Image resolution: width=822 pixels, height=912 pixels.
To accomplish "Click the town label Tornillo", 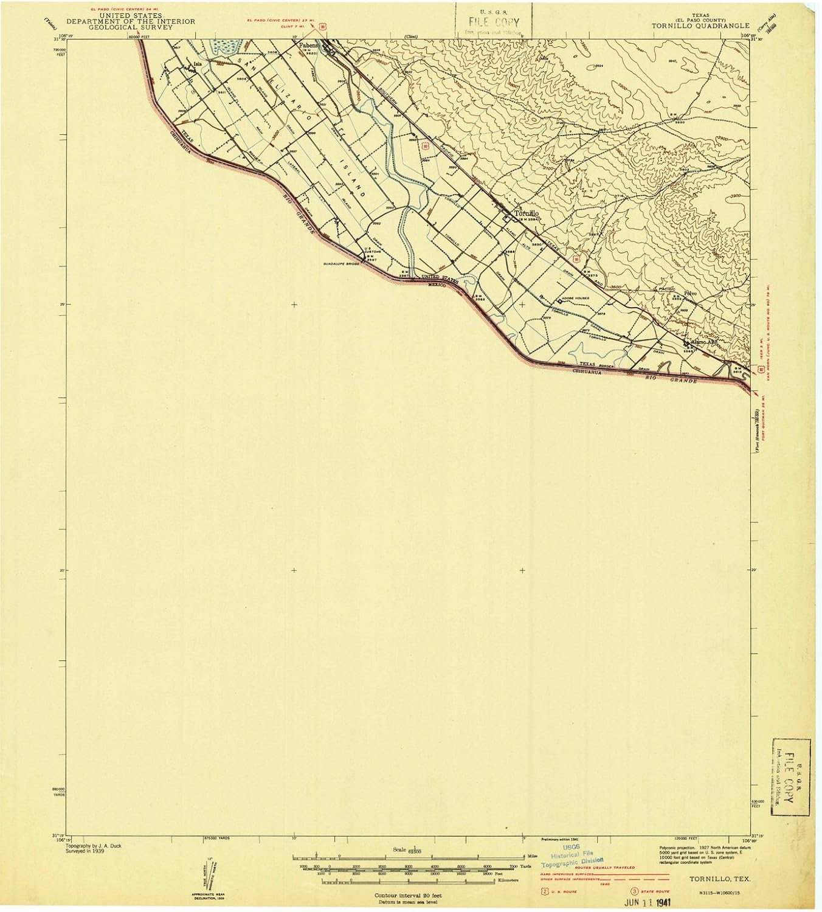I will tap(526, 214).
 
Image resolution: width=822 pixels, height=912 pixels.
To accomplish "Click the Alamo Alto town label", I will tap(703, 342).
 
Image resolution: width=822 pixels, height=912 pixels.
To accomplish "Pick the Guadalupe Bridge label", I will tap(342, 264).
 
